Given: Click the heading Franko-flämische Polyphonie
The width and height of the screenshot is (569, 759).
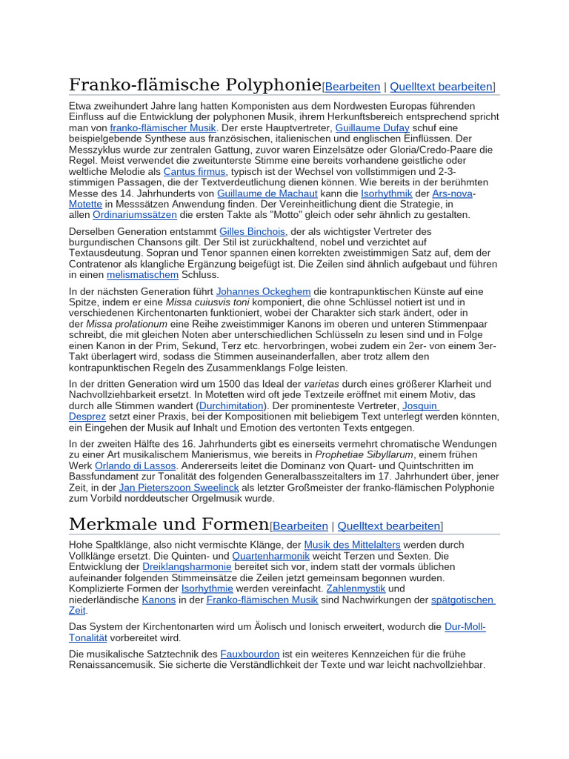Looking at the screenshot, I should coord(195,84).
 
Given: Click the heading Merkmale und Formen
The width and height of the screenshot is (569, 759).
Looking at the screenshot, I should coord(168,524).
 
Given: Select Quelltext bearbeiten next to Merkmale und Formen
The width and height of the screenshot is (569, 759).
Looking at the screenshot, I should coord(389,526).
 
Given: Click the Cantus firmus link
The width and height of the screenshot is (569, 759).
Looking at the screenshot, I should coord(194,171).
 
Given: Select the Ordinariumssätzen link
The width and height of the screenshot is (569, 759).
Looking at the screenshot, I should coord(135,215).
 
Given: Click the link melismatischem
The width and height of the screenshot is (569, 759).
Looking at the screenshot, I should coord(142,274).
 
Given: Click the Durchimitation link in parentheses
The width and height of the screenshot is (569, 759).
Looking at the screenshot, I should coord(232,405).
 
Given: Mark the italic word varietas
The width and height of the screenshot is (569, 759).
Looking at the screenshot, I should coord(323,384).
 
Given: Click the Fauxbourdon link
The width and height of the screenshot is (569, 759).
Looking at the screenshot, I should coord(250,654).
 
